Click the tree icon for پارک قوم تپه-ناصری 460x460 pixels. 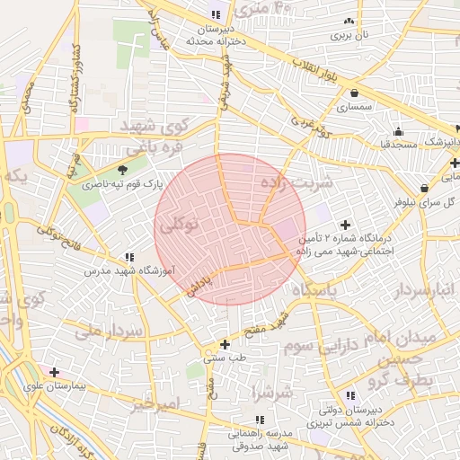(x=122, y=169)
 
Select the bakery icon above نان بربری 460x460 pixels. (x=349, y=21)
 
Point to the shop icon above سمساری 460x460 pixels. (x=356, y=93)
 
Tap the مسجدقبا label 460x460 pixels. (x=397, y=144)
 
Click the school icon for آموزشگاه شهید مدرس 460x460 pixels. (x=130, y=257)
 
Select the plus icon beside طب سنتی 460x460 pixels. (x=225, y=344)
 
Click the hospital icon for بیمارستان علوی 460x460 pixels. (x=55, y=372)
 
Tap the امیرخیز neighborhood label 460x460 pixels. (x=155, y=403)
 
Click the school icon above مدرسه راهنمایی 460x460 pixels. (x=259, y=420)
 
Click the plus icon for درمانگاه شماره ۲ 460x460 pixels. (x=345, y=224)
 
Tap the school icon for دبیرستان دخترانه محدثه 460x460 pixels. (x=215, y=14)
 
